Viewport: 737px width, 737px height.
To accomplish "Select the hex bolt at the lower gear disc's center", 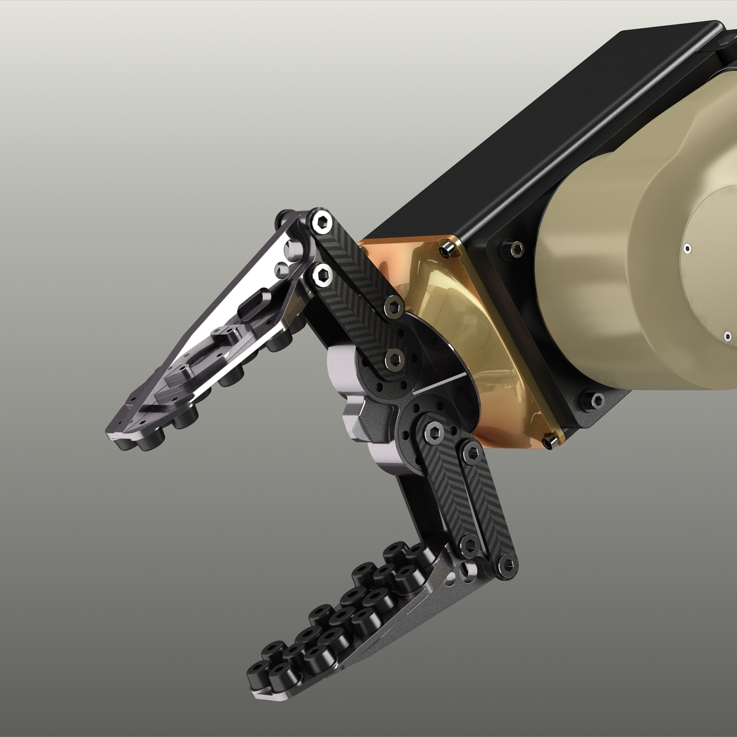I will point(432,434).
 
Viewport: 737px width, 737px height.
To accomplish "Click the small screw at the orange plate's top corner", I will point(446,250).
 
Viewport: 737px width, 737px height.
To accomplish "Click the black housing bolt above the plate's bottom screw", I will point(596,400).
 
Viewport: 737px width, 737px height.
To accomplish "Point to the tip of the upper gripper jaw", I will point(114,430).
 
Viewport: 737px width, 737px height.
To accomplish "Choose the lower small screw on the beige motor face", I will point(727,336).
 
